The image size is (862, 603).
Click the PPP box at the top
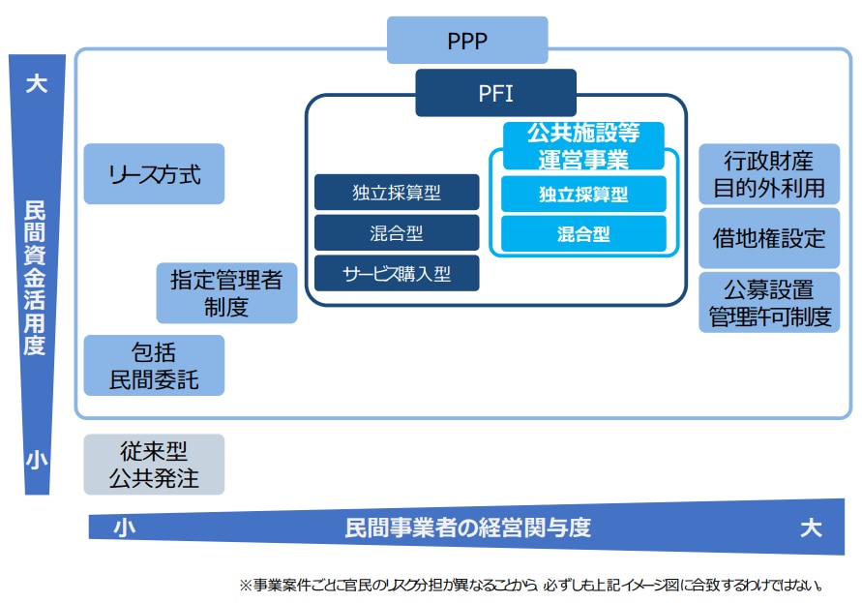click(x=467, y=41)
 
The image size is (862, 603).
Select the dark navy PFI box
click(x=495, y=93)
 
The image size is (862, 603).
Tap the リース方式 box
click(x=154, y=174)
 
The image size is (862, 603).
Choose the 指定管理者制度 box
click(x=226, y=293)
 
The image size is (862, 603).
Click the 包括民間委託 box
click(x=154, y=365)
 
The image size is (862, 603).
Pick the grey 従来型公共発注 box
click(x=154, y=464)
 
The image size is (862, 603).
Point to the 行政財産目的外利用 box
click(x=769, y=174)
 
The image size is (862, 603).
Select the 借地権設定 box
click(x=769, y=238)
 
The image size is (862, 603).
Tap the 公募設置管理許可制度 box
click(x=769, y=302)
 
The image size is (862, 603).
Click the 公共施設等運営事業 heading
click(x=583, y=145)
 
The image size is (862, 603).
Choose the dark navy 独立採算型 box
click(x=397, y=193)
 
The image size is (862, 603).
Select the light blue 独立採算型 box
click(x=583, y=194)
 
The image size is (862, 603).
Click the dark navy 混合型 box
click(x=397, y=233)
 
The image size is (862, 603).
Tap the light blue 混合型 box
click(x=583, y=234)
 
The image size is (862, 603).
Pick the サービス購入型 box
click(x=397, y=274)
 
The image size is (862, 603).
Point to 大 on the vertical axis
click(x=36, y=84)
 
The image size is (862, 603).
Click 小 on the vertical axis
click(x=36, y=461)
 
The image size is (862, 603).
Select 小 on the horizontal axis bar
click(x=124, y=528)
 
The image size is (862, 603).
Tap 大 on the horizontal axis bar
click(x=811, y=528)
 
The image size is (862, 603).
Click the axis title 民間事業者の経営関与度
click(x=467, y=528)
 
